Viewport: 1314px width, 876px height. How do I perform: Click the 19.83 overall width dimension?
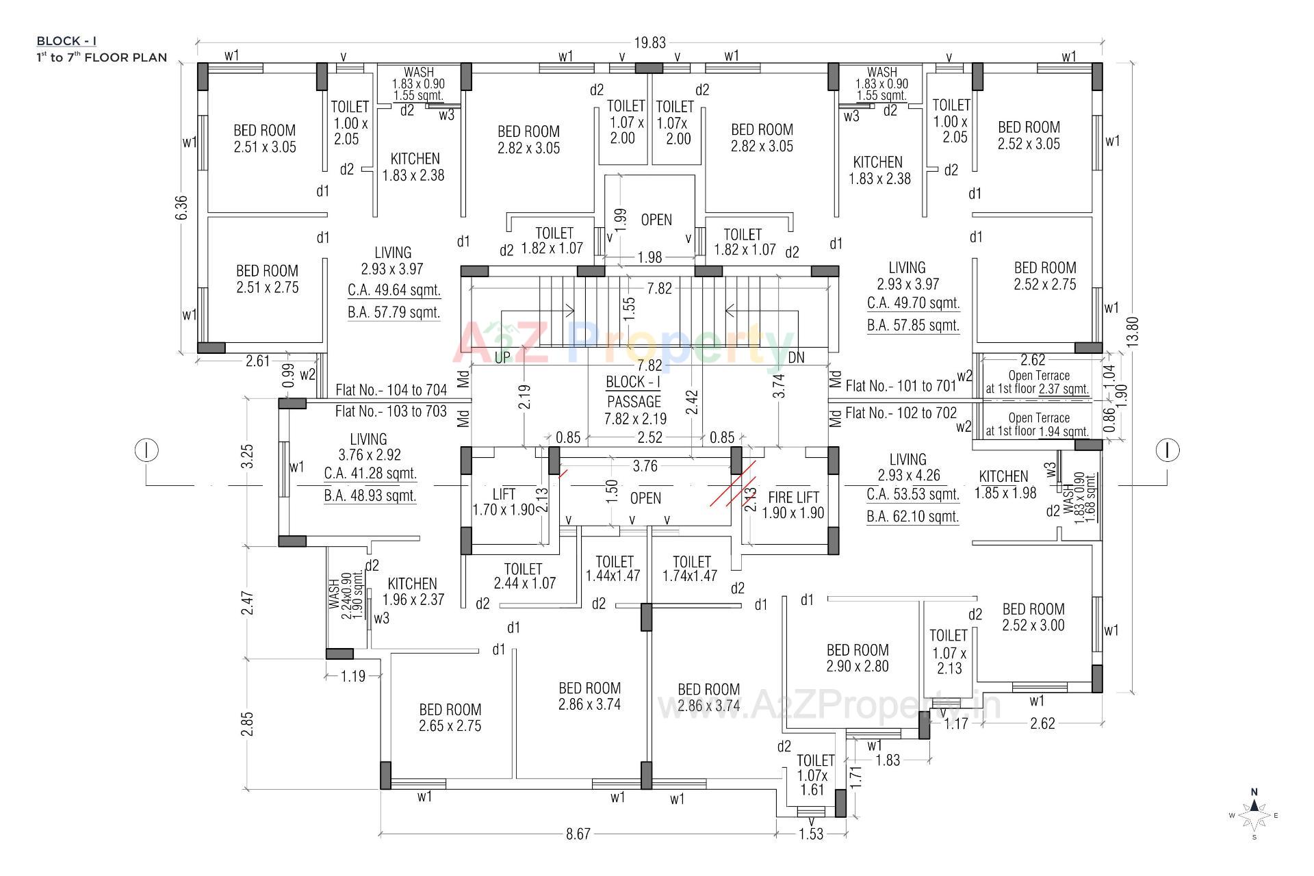coord(649,43)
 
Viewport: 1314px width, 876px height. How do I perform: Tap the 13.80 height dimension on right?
coord(1133,331)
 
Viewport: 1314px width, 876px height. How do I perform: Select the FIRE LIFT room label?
coord(793,505)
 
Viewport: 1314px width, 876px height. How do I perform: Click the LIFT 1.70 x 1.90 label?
coord(504,502)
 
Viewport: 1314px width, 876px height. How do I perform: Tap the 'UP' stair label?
coord(502,357)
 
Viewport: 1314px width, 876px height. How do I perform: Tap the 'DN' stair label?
coord(796,357)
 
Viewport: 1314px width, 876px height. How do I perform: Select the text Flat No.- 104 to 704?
coord(391,390)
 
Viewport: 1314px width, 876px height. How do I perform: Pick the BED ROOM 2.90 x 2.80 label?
coord(857,658)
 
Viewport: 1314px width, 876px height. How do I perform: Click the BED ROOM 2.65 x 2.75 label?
coord(450,717)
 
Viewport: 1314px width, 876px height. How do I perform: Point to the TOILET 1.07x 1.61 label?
coord(814,775)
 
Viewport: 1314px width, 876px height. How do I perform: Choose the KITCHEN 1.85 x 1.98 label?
coord(1004,485)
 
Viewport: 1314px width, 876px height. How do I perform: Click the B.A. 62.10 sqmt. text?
coord(912,517)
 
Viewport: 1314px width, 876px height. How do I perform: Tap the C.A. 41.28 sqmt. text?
coord(370,474)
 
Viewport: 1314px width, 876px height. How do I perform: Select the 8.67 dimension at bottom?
coord(578,834)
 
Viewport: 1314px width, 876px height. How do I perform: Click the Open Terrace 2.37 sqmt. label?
coord(1038,383)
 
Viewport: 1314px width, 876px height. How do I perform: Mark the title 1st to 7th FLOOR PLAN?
coord(101,57)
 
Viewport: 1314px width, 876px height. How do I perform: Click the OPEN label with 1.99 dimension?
coord(656,220)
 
